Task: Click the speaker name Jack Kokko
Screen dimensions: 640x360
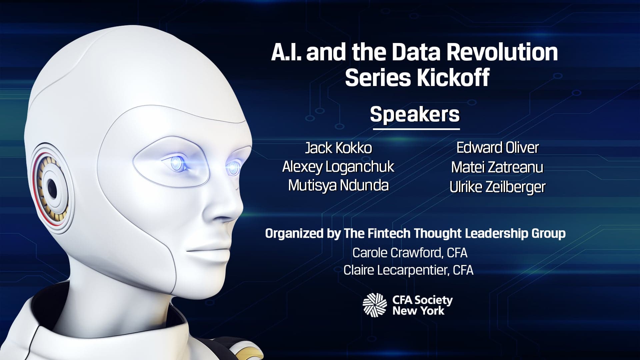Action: tap(338, 148)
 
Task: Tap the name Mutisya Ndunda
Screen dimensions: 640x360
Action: tap(338, 186)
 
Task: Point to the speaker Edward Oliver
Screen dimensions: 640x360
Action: tap(498, 148)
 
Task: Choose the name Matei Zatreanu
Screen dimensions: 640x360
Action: tap(497, 167)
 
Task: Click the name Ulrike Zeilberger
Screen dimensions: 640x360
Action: tap(498, 187)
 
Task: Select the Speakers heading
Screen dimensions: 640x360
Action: tap(415, 114)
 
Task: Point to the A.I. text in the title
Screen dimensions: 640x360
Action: tap(287, 52)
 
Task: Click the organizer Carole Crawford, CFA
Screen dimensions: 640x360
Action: tap(410, 253)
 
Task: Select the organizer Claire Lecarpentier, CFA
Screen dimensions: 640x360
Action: tap(408, 270)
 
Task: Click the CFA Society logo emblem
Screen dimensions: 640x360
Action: tap(375, 305)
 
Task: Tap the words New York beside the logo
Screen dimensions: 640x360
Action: tap(418, 311)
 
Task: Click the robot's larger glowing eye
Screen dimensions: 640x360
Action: tap(177, 163)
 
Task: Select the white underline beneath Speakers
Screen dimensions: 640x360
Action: tap(416, 129)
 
